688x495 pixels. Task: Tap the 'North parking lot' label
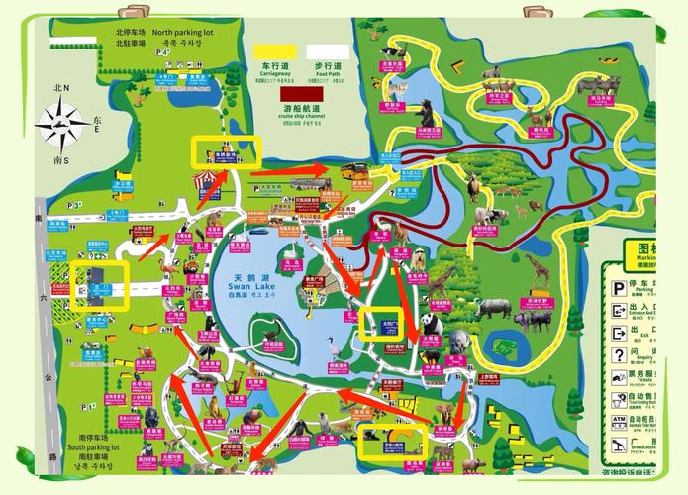point(176,32)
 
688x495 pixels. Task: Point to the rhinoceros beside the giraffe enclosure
point(492,309)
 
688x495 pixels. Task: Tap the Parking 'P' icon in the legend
point(618,288)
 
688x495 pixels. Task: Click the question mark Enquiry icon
point(618,354)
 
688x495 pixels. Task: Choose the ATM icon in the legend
point(618,420)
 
